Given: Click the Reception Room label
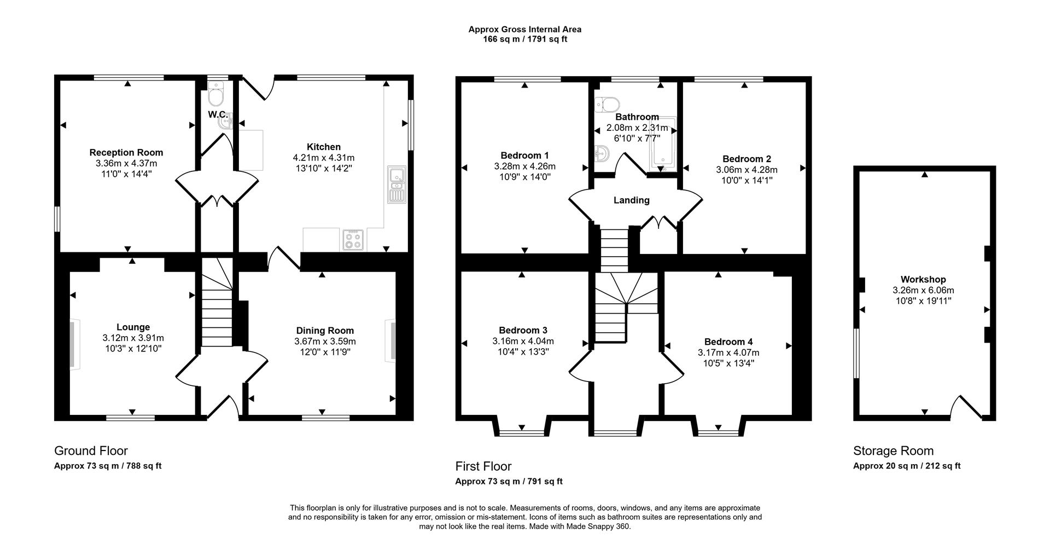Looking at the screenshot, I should coord(126,153).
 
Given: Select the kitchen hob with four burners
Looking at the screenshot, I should coord(353,240).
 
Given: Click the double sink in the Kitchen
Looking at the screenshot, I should coord(396,184).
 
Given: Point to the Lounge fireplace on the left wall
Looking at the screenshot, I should coord(73,344).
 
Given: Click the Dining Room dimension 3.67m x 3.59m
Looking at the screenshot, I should coord(325,341).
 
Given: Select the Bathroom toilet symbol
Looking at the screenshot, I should coord(608,103).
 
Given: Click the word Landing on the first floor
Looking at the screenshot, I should coord(631,200).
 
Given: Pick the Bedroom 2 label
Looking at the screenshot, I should coord(746,159).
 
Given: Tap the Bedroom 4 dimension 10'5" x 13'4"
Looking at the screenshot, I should coord(728,363).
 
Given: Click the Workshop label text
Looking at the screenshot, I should coord(923,280).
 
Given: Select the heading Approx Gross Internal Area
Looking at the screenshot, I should coord(524,30).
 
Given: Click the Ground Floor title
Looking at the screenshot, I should coord(91,451).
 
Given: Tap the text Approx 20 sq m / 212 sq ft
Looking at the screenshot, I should coord(907,466).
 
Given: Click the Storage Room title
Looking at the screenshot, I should coord(893,451).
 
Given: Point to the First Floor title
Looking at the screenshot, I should coord(483,466).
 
